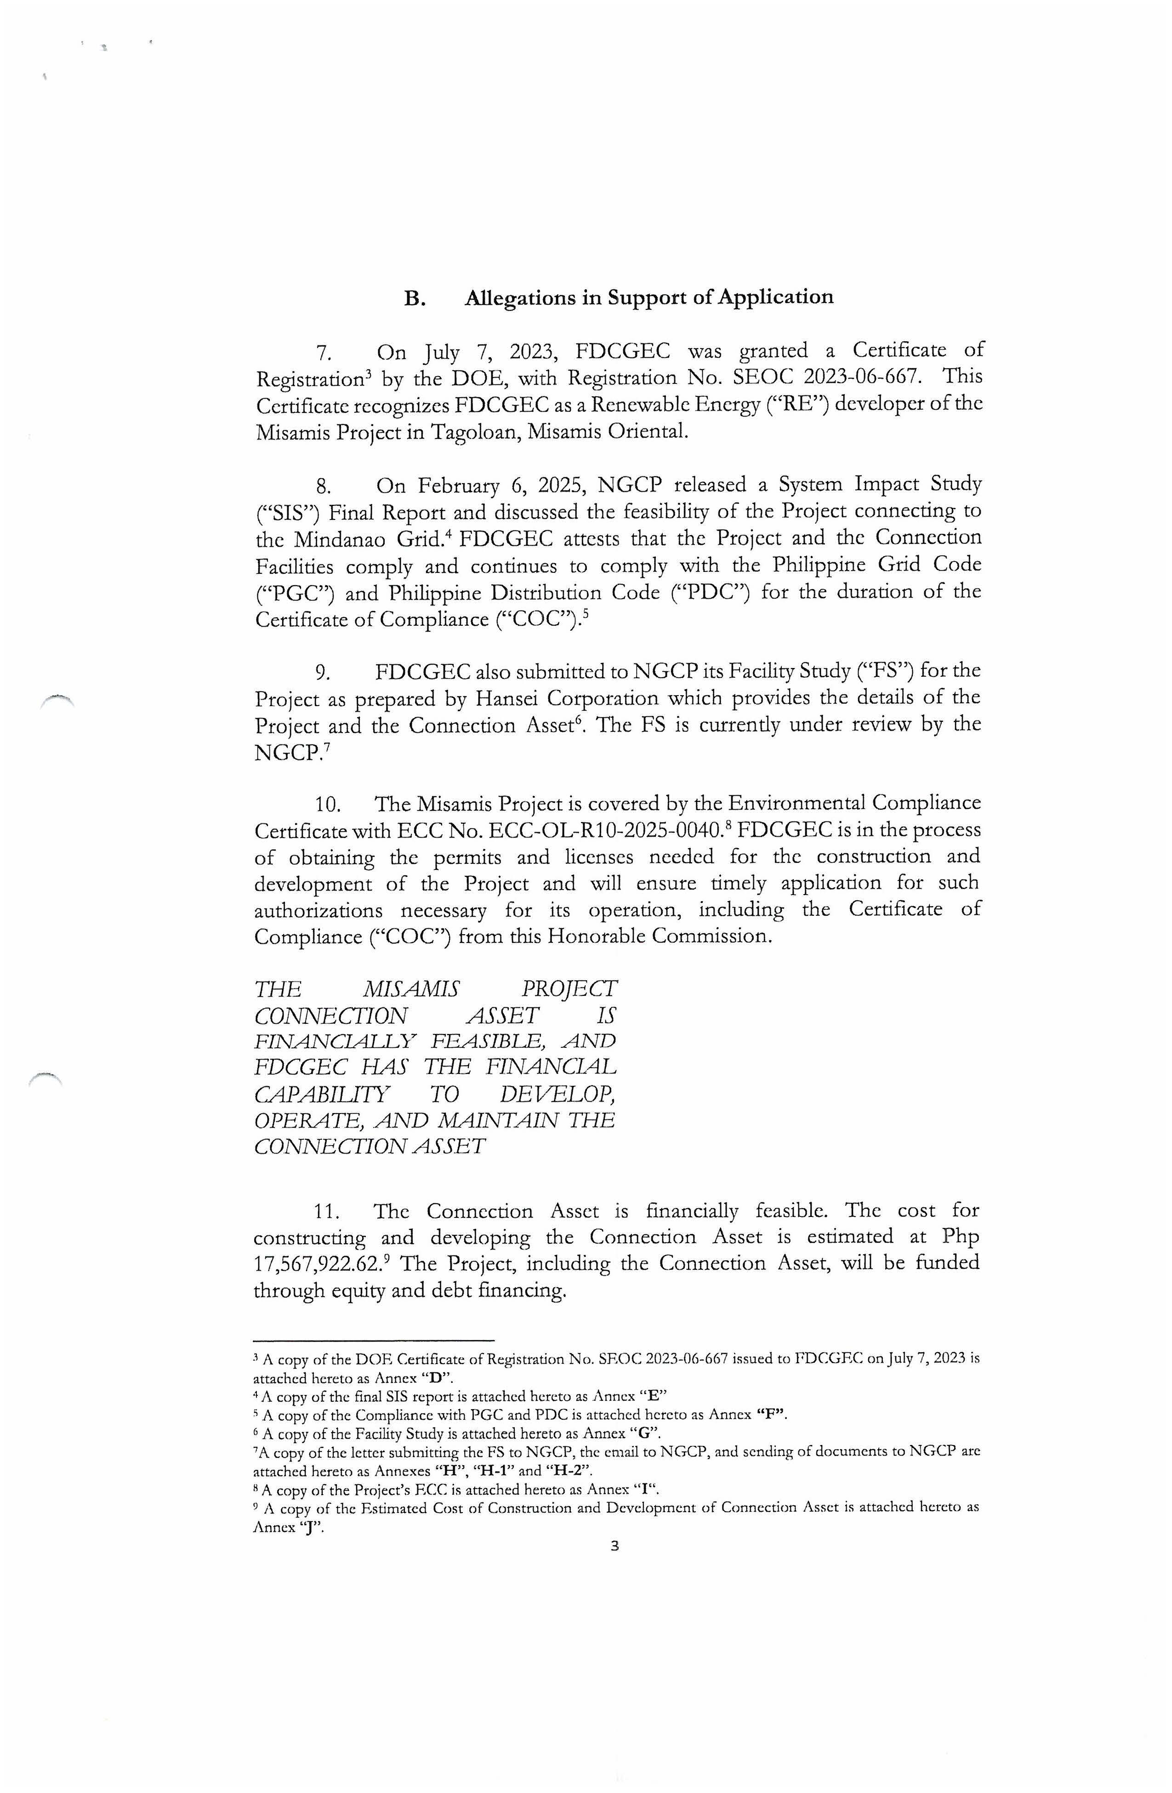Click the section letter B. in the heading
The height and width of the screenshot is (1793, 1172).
415,298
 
